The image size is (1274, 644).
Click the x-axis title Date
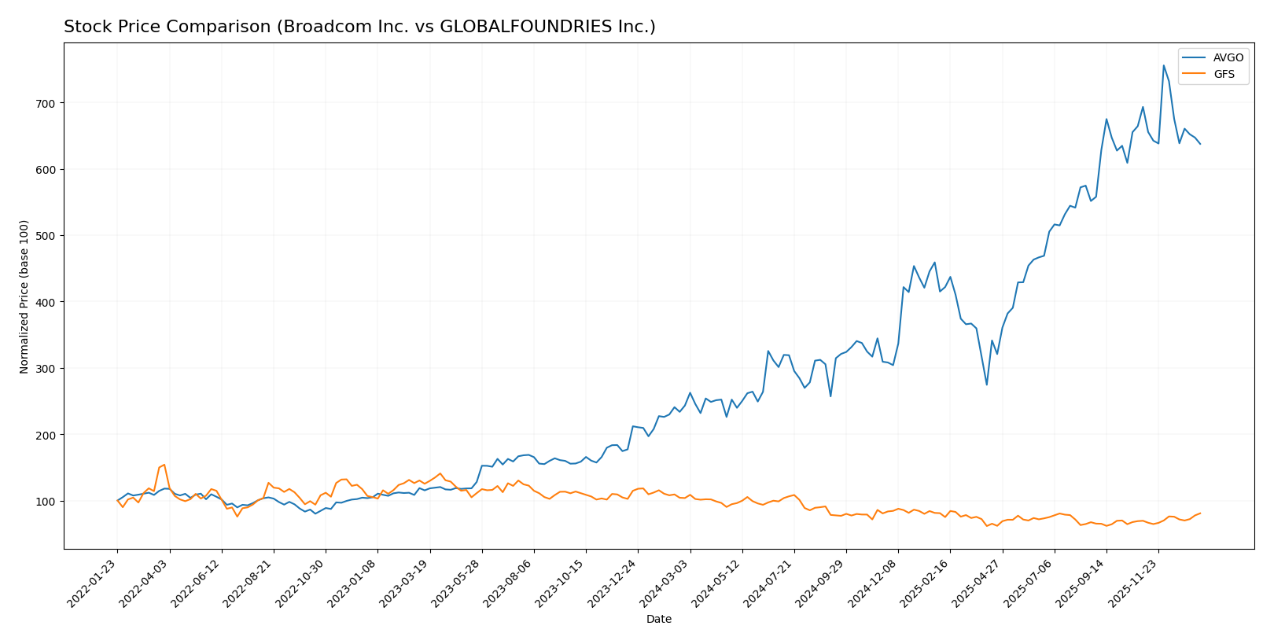tap(658, 620)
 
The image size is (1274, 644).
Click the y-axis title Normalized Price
tap(24, 296)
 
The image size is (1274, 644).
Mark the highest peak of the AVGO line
tap(1163, 65)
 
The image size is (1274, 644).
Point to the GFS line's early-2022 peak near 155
tap(164, 465)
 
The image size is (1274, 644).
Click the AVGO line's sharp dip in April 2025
tap(986, 384)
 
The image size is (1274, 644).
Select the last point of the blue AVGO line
tap(1200, 144)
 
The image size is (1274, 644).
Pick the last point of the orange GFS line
tap(1200, 513)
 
